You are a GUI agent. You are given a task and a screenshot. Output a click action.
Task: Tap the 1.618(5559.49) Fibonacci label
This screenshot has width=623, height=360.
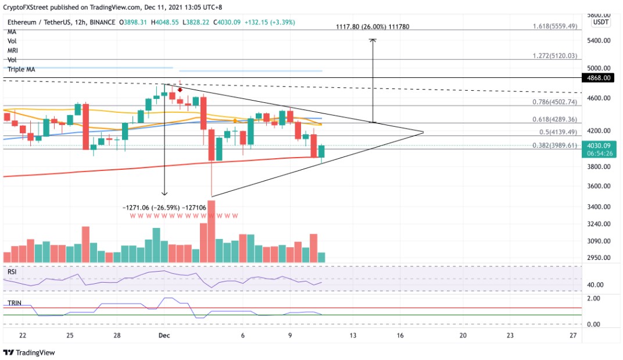[555, 26]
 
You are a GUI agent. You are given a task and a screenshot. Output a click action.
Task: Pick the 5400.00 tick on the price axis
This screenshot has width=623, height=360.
[599, 41]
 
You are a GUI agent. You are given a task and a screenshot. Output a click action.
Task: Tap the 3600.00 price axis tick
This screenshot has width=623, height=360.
[599, 187]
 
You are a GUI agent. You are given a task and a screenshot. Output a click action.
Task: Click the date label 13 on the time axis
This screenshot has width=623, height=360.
[352, 335]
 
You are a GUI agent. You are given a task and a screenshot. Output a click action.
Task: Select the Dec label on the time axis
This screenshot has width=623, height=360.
[163, 335]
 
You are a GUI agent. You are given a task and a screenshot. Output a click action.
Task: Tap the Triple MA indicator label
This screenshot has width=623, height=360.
[22, 69]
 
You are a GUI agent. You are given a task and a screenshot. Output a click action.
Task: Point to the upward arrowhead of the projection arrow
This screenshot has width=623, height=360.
[373, 40]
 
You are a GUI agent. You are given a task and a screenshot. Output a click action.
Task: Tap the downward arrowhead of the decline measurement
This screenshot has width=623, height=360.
[164, 194]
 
